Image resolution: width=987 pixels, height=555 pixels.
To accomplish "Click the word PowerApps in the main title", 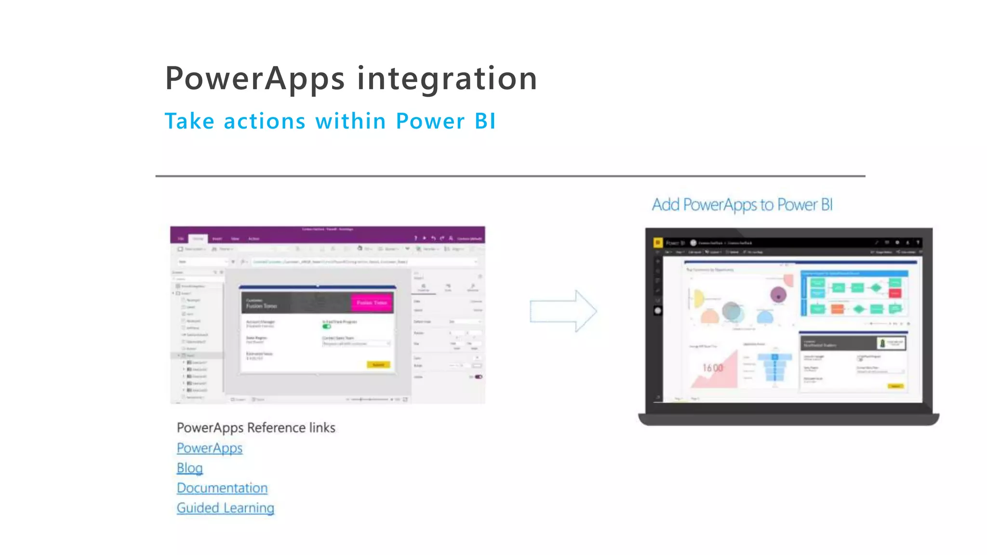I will (x=254, y=79).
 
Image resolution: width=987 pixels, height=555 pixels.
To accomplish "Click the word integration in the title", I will (x=447, y=79).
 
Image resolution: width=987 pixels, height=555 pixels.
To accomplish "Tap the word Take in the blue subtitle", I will (x=189, y=121).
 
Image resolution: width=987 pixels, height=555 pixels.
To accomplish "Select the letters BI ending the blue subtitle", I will (x=484, y=121).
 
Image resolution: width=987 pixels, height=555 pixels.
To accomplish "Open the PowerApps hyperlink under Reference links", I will (x=209, y=448).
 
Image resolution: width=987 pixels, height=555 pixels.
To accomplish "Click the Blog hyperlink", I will (x=189, y=468).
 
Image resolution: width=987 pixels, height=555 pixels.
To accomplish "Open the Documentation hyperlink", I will (x=222, y=488).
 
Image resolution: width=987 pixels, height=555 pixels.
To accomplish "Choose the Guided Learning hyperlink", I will (x=225, y=508).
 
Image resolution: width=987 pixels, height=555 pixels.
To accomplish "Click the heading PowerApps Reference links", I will (x=255, y=427).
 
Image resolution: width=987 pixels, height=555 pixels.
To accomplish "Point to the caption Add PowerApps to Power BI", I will (x=742, y=205).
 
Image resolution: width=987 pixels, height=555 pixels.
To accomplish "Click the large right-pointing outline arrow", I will (x=563, y=311).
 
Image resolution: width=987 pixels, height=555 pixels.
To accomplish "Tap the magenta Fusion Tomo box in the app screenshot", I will (x=372, y=303).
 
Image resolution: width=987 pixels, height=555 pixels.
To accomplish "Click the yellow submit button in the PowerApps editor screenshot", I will (x=378, y=365).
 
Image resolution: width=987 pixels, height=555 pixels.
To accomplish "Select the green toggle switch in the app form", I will (x=327, y=327).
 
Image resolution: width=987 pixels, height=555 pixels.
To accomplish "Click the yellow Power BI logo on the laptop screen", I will (x=657, y=243).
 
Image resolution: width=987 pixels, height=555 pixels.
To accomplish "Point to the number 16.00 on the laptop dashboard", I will (x=712, y=368).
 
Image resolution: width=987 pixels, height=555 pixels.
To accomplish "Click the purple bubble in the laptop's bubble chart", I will (x=778, y=294).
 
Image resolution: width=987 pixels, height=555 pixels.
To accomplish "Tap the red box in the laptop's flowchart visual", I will (x=895, y=293).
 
